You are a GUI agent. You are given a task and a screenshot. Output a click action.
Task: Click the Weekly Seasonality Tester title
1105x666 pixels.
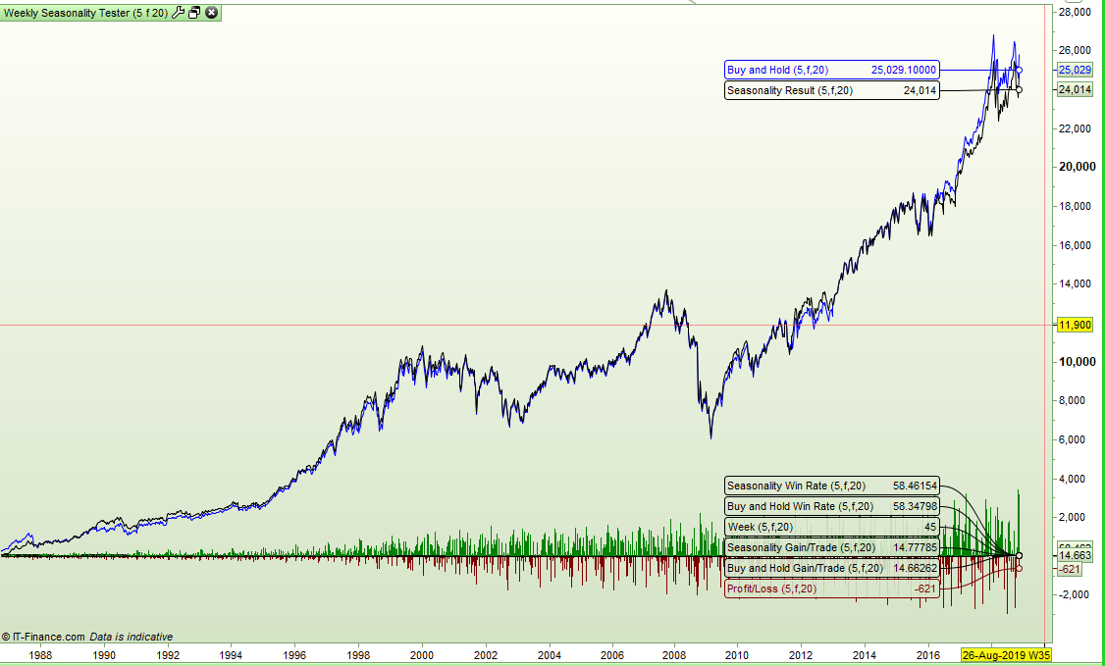pos(85,12)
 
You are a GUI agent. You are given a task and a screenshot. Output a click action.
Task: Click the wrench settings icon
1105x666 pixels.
pos(178,12)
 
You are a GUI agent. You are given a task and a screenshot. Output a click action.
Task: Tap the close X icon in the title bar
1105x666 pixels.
pos(211,12)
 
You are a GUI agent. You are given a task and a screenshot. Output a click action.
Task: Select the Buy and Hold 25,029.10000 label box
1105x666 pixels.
pos(832,70)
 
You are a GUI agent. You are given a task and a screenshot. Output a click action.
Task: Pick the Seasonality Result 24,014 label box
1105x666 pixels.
pos(832,90)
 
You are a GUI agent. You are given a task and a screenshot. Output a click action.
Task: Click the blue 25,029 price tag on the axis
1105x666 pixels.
pos(1075,70)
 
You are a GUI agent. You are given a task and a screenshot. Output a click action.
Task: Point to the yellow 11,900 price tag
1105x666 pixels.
pos(1075,325)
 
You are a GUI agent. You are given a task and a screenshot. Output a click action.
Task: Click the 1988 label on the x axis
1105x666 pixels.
pos(40,654)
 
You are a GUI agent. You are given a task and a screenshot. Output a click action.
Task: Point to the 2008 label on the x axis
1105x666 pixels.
pos(674,654)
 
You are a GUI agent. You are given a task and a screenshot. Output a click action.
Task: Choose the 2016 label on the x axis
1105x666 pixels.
pos(928,654)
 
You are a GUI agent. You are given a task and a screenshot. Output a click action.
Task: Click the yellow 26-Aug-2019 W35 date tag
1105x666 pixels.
pos(1006,654)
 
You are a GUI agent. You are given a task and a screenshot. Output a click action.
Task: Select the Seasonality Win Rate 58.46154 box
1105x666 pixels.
pos(832,486)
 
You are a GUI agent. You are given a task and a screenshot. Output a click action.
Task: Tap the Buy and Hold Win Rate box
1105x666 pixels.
pos(832,506)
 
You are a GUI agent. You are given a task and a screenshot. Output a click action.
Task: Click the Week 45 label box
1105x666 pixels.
pos(832,527)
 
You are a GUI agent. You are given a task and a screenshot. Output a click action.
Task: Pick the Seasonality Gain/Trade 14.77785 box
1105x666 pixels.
pos(832,547)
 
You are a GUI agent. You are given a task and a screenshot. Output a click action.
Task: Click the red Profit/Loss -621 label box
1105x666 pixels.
pos(832,589)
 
